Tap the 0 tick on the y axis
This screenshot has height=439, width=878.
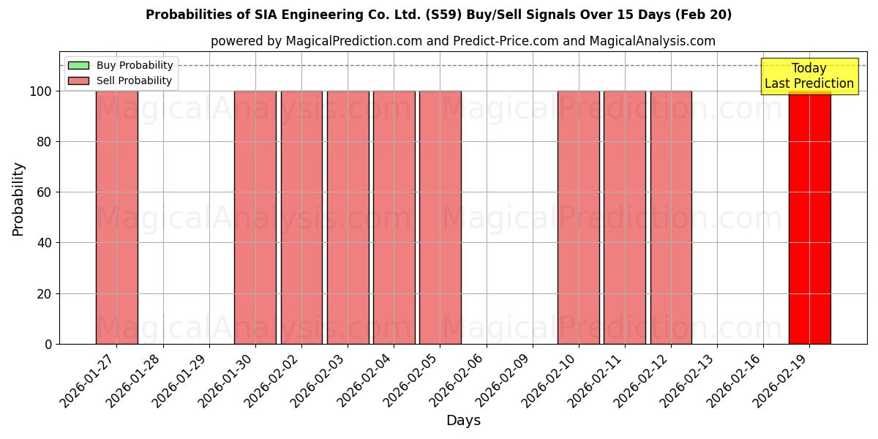[48, 344]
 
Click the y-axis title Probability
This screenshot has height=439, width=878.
[18, 198]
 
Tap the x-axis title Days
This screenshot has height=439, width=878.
[463, 421]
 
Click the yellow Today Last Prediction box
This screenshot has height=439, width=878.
[809, 76]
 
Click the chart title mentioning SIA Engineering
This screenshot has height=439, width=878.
[438, 15]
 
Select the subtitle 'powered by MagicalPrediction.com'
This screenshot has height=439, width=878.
[462, 41]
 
